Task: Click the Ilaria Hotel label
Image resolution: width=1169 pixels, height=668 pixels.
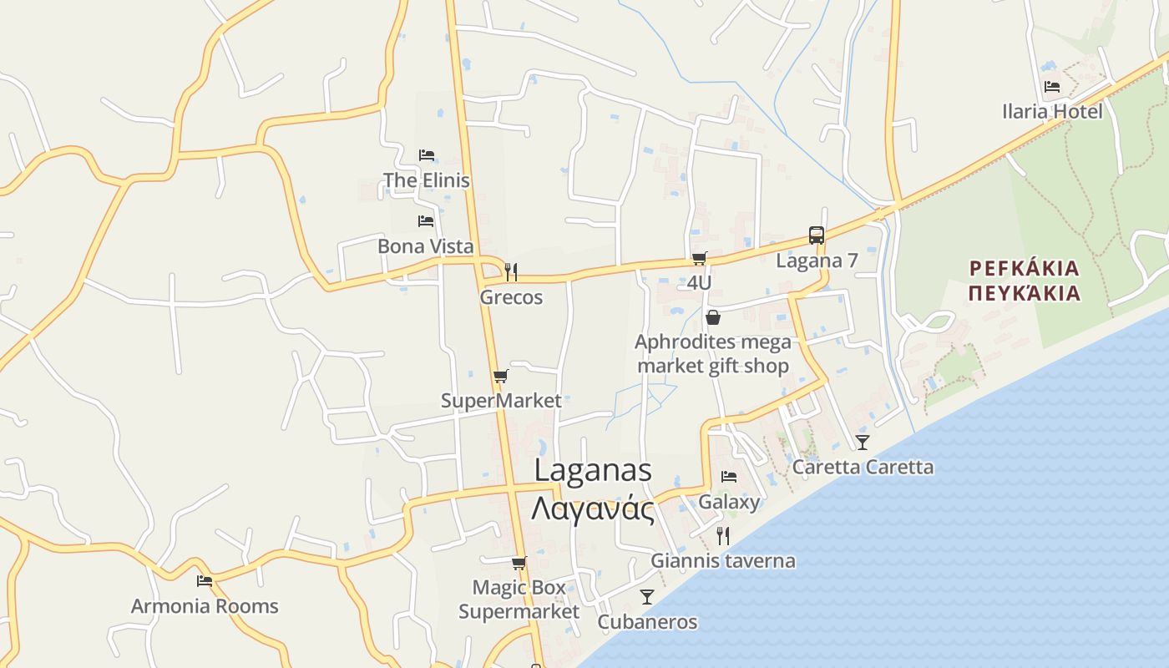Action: [x=1052, y=112]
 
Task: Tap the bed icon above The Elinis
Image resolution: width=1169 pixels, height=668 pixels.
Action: [x=427, y=155]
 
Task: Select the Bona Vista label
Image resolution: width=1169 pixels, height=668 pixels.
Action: [x=425, y=246]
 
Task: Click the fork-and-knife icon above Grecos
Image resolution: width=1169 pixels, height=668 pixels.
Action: [x=511, y=271]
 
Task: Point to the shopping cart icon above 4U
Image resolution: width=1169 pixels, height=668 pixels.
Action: [x=699, y=259]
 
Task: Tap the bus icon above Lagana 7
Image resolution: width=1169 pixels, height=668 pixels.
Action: [x=817, y=235]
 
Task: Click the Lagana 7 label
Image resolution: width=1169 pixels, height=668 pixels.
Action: [x=817, y=261]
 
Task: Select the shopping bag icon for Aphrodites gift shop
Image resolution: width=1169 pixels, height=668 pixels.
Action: [x=713, y=317]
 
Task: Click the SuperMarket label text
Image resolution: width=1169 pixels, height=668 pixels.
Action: [x=501, y=401]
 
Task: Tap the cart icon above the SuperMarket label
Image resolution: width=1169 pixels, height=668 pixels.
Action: [x=500, y=377]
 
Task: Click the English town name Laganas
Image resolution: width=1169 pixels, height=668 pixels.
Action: [x=593, y=469]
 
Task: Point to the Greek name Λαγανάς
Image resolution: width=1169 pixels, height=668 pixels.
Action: [x=593, y=508]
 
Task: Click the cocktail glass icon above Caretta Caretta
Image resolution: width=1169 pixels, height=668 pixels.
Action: [x=863, y=442]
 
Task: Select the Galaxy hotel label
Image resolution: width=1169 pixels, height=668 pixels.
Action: [x=729, y=502]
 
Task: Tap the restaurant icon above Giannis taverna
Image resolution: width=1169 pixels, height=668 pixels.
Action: [x=723, y=535]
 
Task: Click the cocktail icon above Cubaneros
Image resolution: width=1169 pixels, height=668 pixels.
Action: [x=647, y=596]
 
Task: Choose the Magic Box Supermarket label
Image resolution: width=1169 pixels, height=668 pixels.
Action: [x=519, y=600]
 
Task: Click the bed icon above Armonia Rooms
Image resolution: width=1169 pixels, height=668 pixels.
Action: [x=205, y=581]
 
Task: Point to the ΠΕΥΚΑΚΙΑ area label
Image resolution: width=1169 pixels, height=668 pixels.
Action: [x=1025, y=293]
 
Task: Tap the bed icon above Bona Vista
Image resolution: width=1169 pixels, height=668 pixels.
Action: [x=426, y=221]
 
